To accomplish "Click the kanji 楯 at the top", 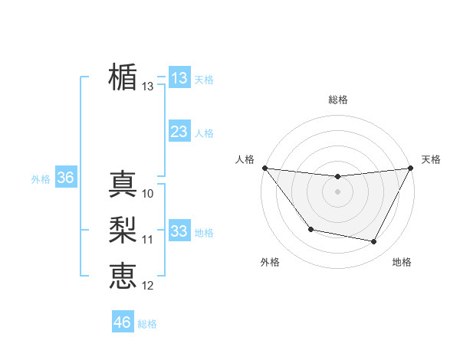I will pos(123,77).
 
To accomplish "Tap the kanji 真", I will pos(123,184).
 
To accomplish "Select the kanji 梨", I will pos(123,230).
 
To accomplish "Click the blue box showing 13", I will pos(179,78).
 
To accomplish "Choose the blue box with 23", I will pos(179,132).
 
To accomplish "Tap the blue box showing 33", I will pos(179,231).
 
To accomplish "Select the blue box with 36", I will pos(65,178).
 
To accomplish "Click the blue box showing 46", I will pos(122,322).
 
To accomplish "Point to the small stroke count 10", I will pos(148,194).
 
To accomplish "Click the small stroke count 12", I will pos(148,286).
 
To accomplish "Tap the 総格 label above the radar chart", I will pos(337,100).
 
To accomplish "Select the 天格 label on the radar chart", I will pos(431,159).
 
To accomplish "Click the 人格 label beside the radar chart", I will pos(245,159).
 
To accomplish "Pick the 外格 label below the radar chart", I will pos(270,262).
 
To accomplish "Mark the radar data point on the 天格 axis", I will pos(411,168).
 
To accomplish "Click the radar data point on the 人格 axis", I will pos(264,168).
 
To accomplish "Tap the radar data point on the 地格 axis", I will pos(374,241).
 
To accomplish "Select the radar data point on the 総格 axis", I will pos(337,177).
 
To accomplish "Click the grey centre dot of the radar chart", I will pos(337,191).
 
